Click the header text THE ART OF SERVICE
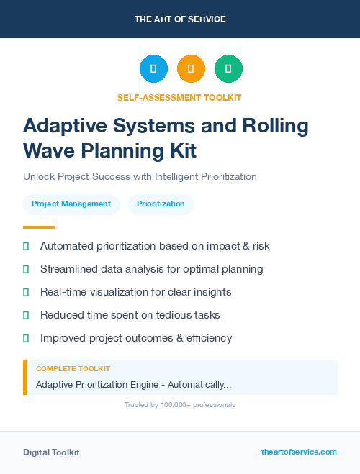click(x=180, y=19)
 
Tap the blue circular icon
click(x=153, y=69)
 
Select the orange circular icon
click(x=191, y=69)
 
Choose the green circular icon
click(x=228, y=69)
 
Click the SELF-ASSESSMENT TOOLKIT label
click(x=180, y=97)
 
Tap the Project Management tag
click(x=71, y=204)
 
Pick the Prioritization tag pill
click(x=161, y=204)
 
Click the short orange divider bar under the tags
click(x=35, y=227)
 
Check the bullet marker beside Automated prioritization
click(x=26, y=246)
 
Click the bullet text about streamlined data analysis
click(x=151, y=269)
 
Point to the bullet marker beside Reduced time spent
click(x=26, y=315)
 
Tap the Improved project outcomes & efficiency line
click(x=136, y=337)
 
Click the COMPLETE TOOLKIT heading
click(x=73, y=369)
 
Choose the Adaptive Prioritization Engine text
click(x=133, y=385)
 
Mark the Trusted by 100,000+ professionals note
click(x=180, y=405)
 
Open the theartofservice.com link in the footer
click(x=299, y=452)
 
